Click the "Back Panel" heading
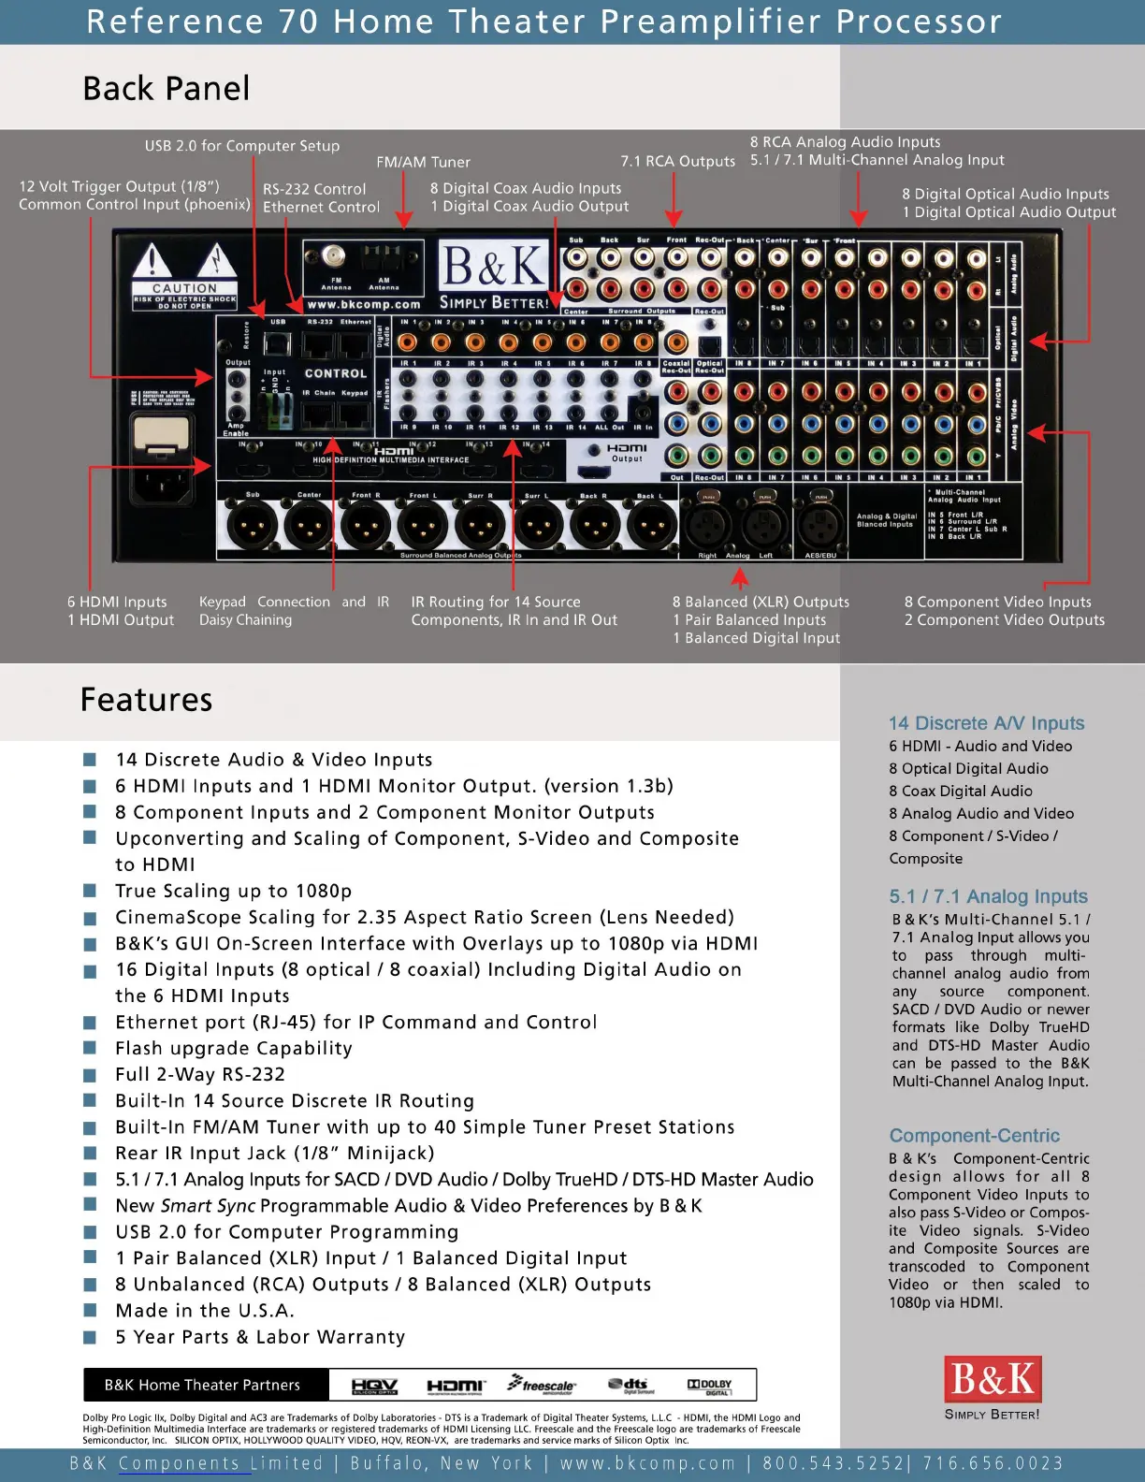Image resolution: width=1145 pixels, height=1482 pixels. (167, 89)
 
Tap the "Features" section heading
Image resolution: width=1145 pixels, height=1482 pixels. (146, 700)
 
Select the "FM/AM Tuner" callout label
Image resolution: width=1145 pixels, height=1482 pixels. (423, 162)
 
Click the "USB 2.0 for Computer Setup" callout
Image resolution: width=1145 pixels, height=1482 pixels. (241, 146)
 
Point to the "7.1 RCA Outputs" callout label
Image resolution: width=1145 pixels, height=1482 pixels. (677, 161)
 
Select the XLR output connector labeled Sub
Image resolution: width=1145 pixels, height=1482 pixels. (252, 525)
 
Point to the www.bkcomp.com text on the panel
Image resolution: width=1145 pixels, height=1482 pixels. (364, 304)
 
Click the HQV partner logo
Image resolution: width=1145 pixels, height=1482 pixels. (374, 1386)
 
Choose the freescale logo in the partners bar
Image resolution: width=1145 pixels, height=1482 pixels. (542, 1385)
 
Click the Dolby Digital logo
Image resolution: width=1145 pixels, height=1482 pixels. (710, 1386)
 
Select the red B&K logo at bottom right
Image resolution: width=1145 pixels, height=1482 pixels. (992, 1379)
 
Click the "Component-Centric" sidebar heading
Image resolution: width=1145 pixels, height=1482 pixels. (974, 1136)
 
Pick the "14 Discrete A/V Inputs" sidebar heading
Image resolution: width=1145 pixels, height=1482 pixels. (986, 723)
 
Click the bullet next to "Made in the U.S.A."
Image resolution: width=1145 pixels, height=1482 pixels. (90, 1311)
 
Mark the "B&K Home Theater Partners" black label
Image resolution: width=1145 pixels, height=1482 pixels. (203, 1385)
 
